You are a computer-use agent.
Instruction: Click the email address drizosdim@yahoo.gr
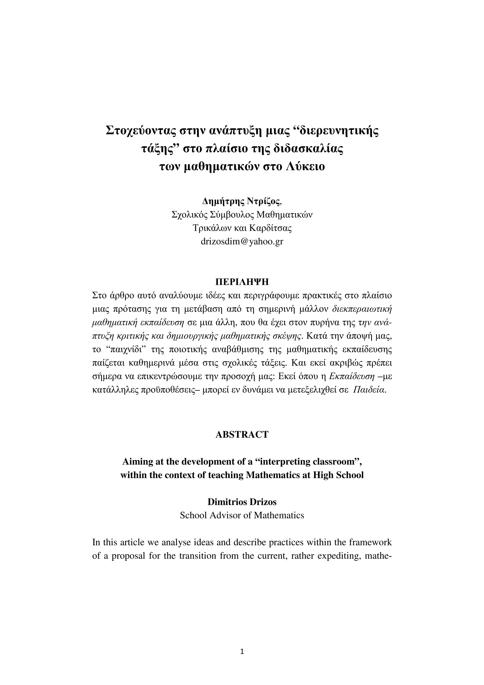pyautogui.click(x=242, y=241)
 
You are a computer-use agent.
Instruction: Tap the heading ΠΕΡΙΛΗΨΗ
pyautogui.click(x=242, y=282)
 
